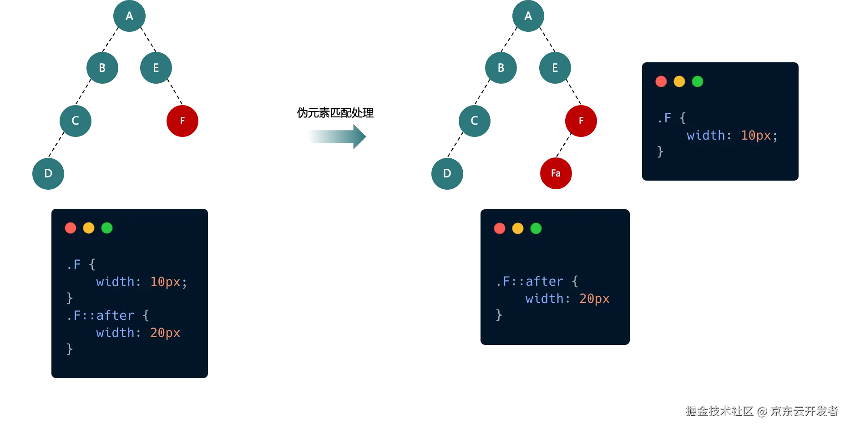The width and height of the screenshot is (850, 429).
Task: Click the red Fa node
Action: point(555,173)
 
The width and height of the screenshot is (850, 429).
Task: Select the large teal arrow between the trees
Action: point(336,137)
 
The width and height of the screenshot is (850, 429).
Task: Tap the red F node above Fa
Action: point(581,121)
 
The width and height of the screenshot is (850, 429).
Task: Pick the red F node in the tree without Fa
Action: point(182,121)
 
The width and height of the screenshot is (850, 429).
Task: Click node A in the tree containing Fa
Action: point(528,16)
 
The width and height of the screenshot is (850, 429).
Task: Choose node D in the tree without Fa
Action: point(48,173)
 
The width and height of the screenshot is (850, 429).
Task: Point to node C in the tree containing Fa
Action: point(474,121)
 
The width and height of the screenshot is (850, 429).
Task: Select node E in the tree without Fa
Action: point(156,68)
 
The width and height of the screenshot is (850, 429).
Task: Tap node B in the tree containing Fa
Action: point(501,68)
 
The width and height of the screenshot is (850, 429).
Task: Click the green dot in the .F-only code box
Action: point(697,81)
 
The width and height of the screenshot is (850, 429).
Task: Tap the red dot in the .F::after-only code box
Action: point(499,228)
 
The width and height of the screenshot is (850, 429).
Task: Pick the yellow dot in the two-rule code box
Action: point(89,228)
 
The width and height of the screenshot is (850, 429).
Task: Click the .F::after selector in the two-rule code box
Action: point(101,315)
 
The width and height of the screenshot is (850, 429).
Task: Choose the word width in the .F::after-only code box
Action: point(544,299)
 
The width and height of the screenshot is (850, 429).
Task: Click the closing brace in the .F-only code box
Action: point(660,151)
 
